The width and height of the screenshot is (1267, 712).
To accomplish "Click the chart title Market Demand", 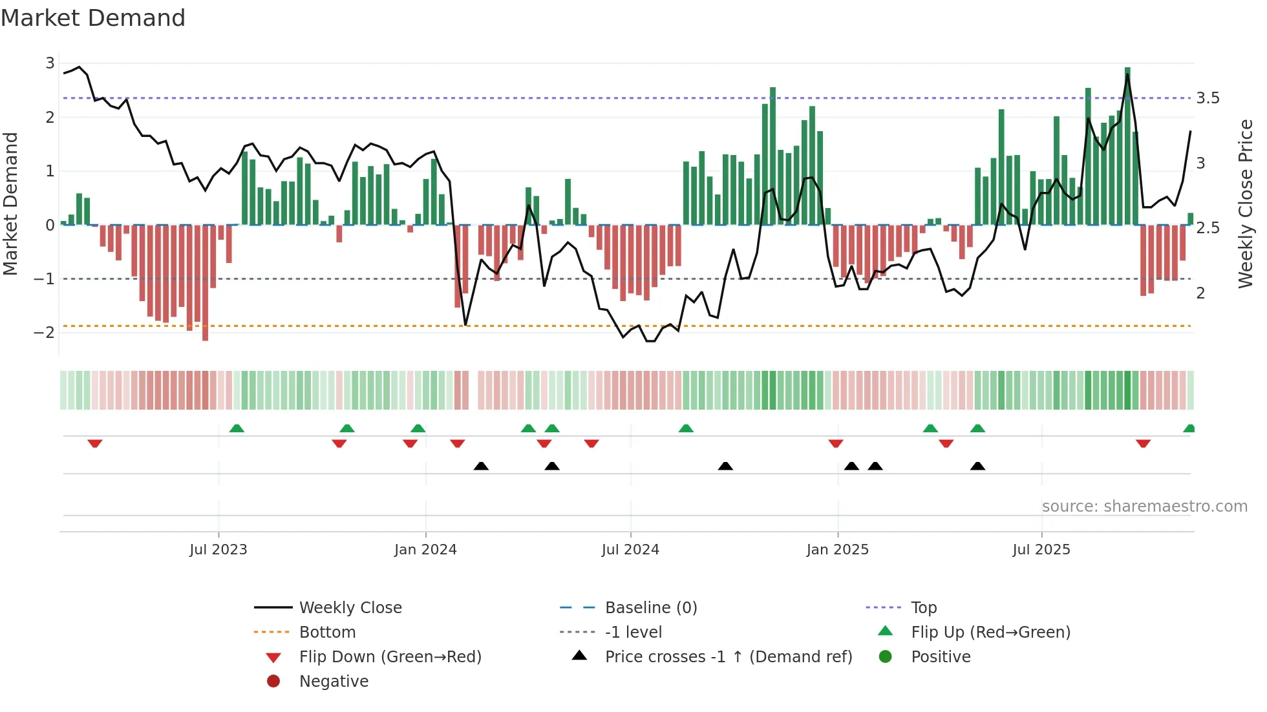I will click(x=93, y=18).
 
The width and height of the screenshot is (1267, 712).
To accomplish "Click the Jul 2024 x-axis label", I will click(x=630, y=550).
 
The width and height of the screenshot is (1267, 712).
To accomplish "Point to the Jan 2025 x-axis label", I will click(x=838, y=550).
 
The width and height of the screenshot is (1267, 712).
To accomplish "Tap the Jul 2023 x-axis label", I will click(x=218, y=550).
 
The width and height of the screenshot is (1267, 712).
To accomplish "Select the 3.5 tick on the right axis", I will click(x=1208, y=98).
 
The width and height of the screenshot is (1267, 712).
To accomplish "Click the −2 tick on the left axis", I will click(x=44, y=333).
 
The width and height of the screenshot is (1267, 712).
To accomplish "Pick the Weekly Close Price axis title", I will click(x=1245, y=204).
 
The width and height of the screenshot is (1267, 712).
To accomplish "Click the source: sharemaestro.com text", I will click(x=1144, y=507).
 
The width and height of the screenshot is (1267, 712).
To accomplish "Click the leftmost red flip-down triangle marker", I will click(x=95, y=444).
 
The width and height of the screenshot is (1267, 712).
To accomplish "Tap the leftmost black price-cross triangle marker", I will click(x=481, y=466).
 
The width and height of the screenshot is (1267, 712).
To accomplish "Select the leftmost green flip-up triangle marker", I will click(x=237, y=428).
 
